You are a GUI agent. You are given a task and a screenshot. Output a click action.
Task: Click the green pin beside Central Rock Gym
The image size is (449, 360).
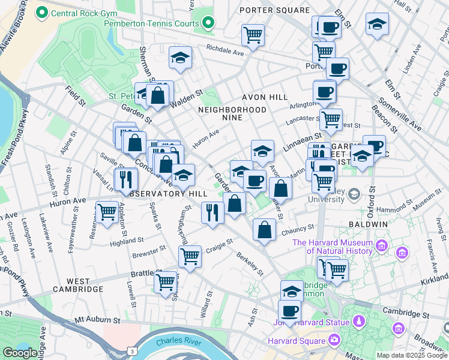coord(42,12)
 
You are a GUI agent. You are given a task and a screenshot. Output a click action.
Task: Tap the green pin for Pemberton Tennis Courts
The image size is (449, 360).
coord(208,23)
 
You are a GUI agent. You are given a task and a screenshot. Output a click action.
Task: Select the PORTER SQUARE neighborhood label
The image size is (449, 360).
coord(274,10)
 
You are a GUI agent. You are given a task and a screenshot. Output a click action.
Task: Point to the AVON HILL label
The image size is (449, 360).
coord(265,97)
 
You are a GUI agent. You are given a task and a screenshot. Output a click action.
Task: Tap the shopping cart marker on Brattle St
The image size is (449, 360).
coord(165,281)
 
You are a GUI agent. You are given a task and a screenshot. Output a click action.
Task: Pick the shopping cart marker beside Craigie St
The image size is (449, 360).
coord(190,256)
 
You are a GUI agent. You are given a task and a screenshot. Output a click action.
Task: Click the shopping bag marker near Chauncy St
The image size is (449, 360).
coord(264,229)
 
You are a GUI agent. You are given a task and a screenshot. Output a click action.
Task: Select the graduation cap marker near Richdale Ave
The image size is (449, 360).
coord(180,58)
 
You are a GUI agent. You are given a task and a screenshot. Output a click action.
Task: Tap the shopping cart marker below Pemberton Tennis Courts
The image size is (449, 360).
coord(253,34)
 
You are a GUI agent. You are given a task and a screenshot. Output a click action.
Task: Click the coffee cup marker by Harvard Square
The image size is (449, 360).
coord(290,311)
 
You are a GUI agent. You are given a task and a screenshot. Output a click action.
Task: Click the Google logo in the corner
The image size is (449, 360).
coord(20,353)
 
